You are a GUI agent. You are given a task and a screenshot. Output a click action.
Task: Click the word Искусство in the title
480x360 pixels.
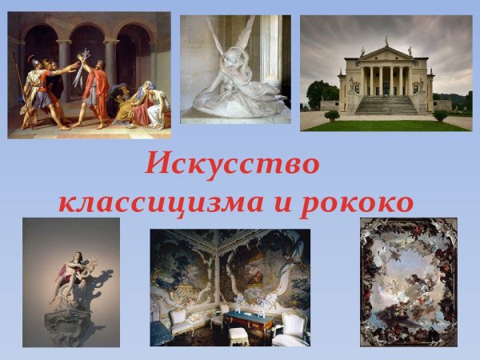[x=233, y=165]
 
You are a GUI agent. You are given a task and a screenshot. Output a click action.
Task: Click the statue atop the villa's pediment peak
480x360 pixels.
[x=386, y=41]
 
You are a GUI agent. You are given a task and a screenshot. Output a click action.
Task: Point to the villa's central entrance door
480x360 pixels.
[x=386, y=87]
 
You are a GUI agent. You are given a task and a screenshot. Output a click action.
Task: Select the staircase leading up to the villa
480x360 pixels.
[x=386, y=105]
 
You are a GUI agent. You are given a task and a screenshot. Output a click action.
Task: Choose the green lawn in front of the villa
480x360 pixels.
[x=384, y=124]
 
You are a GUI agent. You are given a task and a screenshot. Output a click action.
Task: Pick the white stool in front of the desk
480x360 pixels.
[x=238, y=334]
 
